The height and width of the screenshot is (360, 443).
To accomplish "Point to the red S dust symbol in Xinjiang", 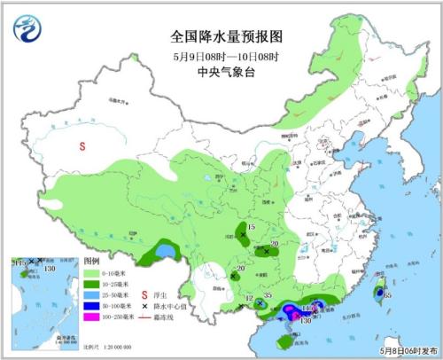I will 82,146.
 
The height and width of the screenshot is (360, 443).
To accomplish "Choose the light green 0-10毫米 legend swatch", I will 90,276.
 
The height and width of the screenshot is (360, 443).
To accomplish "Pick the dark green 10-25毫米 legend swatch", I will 90,286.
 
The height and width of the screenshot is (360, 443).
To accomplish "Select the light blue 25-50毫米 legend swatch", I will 90,297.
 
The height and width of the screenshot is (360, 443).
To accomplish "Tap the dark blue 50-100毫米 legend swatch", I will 90,308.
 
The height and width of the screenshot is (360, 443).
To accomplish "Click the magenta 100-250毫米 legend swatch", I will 90,318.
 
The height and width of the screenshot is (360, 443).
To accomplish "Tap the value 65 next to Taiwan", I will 387,293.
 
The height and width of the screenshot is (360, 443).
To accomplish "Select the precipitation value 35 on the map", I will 267,297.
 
